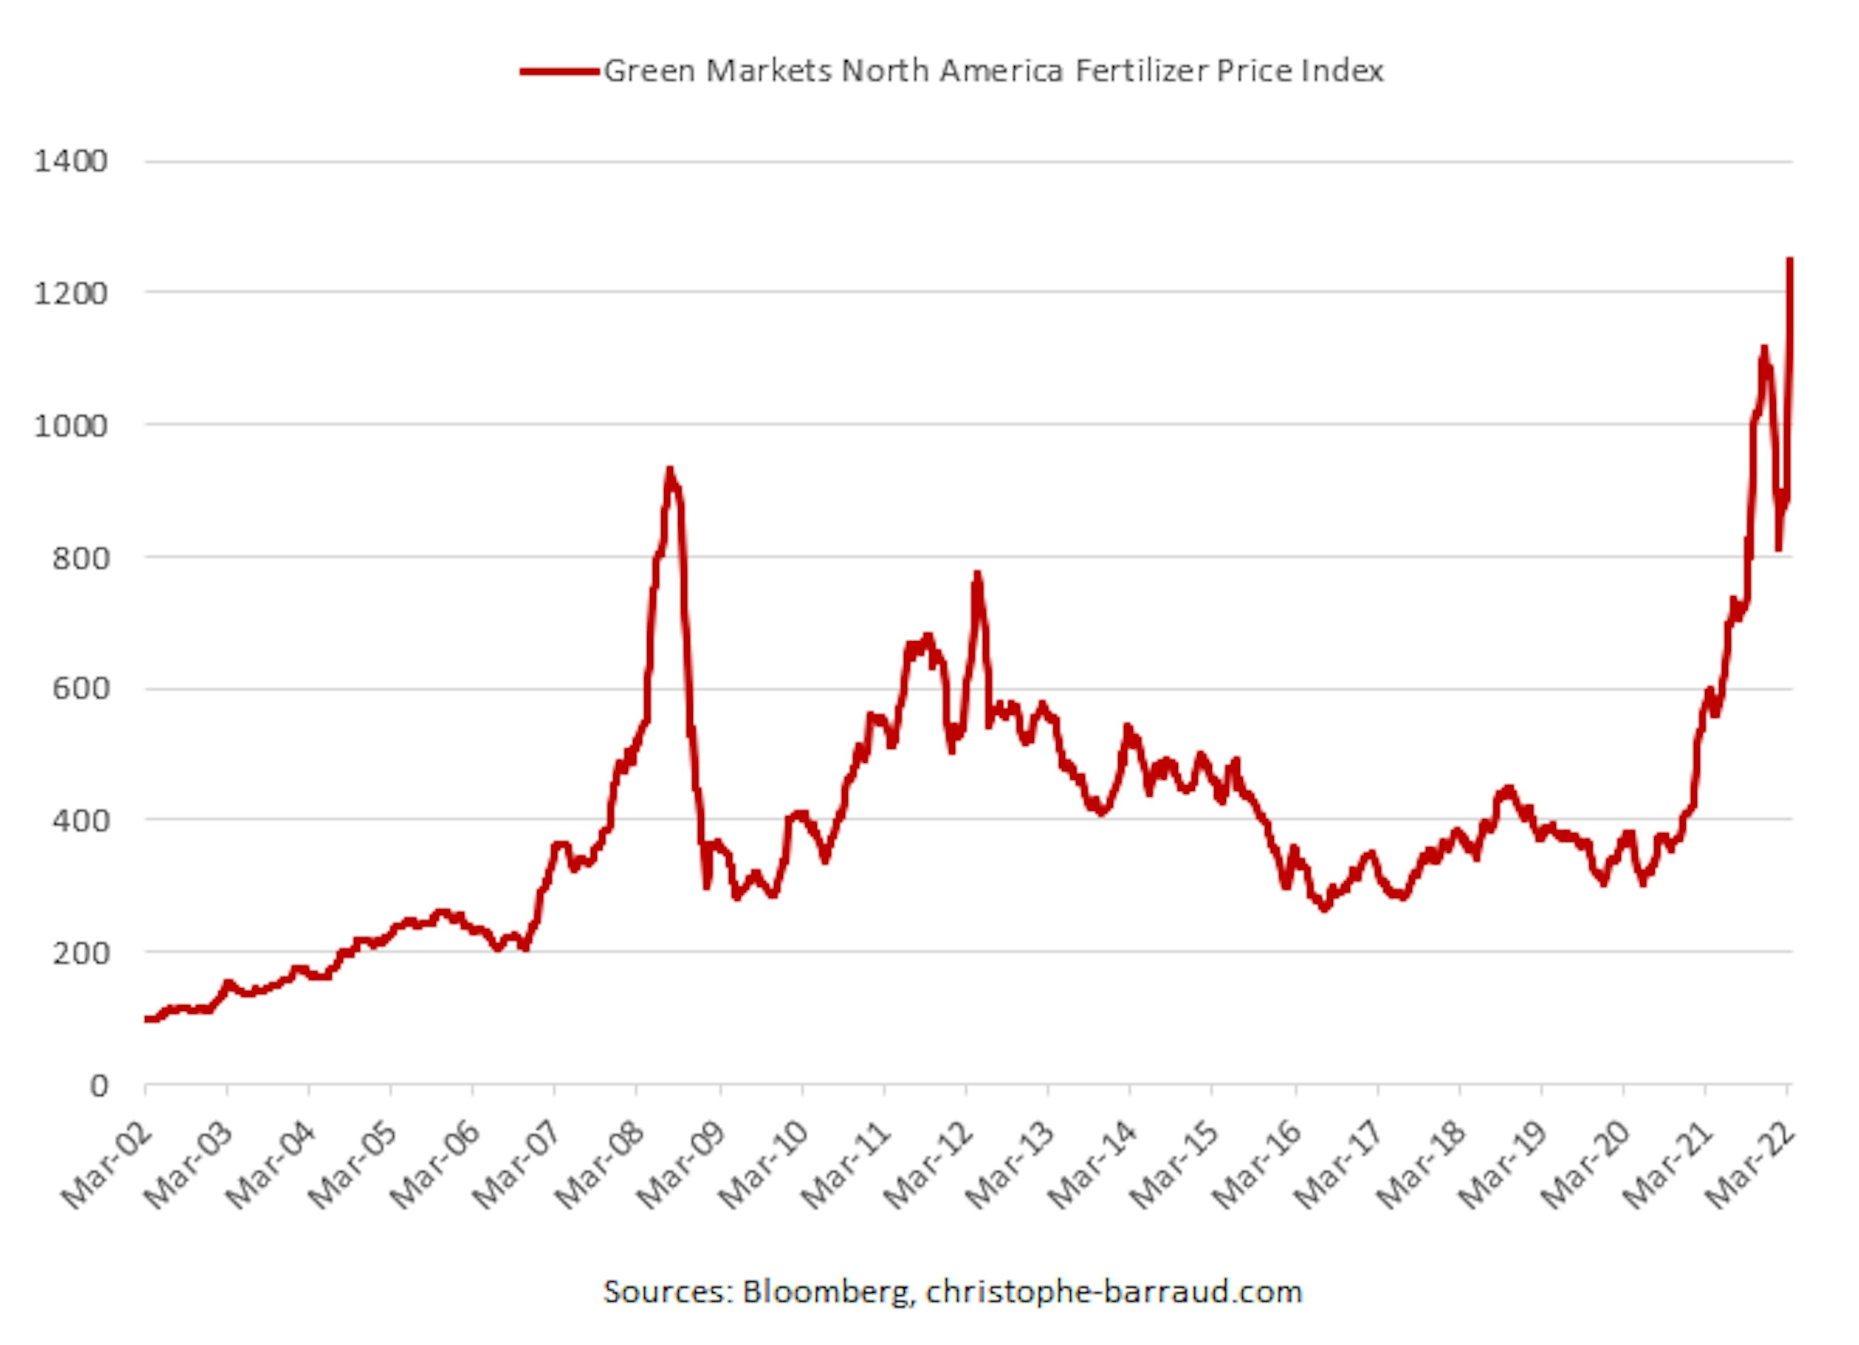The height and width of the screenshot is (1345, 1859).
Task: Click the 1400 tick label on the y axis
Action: coord(71,162)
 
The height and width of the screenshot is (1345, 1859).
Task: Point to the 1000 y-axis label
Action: coord(71,426)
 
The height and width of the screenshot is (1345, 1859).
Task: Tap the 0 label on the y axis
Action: coord(98,1086)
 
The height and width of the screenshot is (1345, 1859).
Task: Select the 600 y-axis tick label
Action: coord(79,689)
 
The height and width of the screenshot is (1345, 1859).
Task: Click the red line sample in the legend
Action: coord(559,71)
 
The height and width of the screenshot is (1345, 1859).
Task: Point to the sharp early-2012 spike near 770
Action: coord(976,574)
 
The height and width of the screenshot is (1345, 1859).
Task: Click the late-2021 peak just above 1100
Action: coord(1764,349)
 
